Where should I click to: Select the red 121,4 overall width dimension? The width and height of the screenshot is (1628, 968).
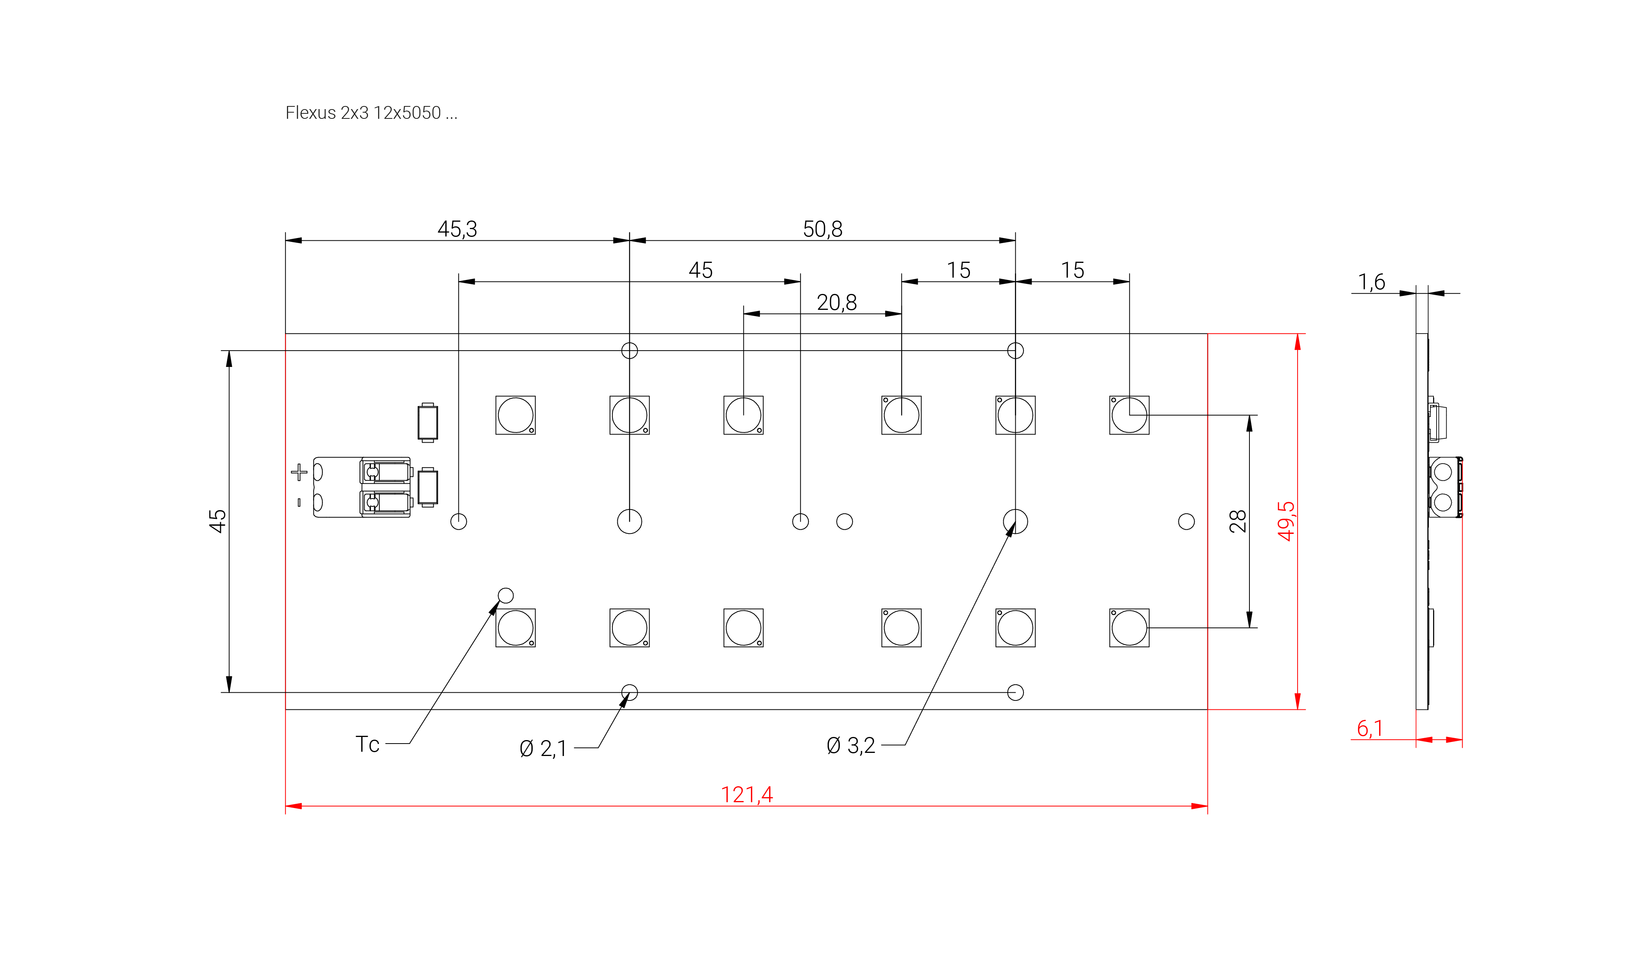tap(746, 794)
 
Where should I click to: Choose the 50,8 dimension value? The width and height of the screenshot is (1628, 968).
tap(822, 229)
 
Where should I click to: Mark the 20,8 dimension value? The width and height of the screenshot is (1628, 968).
tap(836, 302)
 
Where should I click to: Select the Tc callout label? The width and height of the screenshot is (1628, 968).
tap(367, 744)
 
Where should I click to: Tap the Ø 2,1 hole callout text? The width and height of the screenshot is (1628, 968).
tap(543, 748)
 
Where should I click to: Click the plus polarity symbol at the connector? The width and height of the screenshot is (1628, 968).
tap(299, 472)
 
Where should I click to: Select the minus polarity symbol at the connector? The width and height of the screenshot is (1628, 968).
tap(299, 502)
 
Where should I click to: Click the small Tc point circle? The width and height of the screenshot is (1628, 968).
tap(506, 596)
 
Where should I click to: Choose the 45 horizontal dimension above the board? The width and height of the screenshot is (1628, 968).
tap(700, 270)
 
